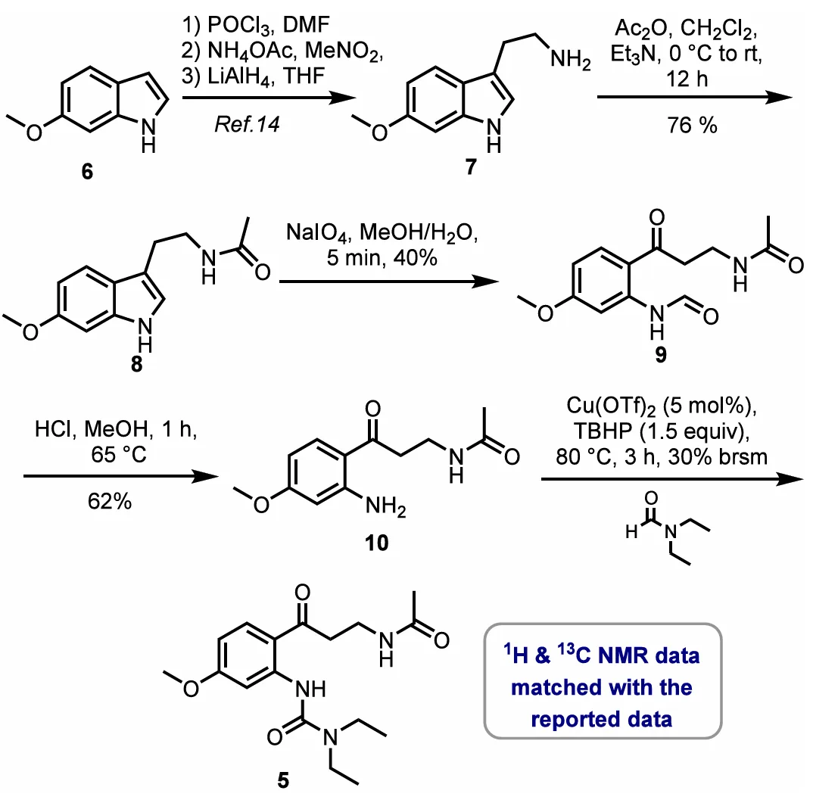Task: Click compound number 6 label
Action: (x=87, y=171)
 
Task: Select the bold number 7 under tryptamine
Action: (x=471, y=167)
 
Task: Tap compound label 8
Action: (x=136, y=365)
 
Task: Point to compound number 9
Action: (x=661, y=355)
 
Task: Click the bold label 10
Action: (x=376, y=543)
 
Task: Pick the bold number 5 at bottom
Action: (x=283, y=780)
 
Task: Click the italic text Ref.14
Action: (x=247, y=124)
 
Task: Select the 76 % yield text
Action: (x=692, y=125)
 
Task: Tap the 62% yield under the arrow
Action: (x=110, y=501)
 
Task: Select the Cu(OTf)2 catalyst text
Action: (x=611, y=406)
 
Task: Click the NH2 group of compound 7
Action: (x=570, y=60)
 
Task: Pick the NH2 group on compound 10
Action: (x=385, y=506)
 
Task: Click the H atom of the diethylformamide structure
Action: (x=631, y=532)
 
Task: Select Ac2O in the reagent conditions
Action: (x=641, y=29)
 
